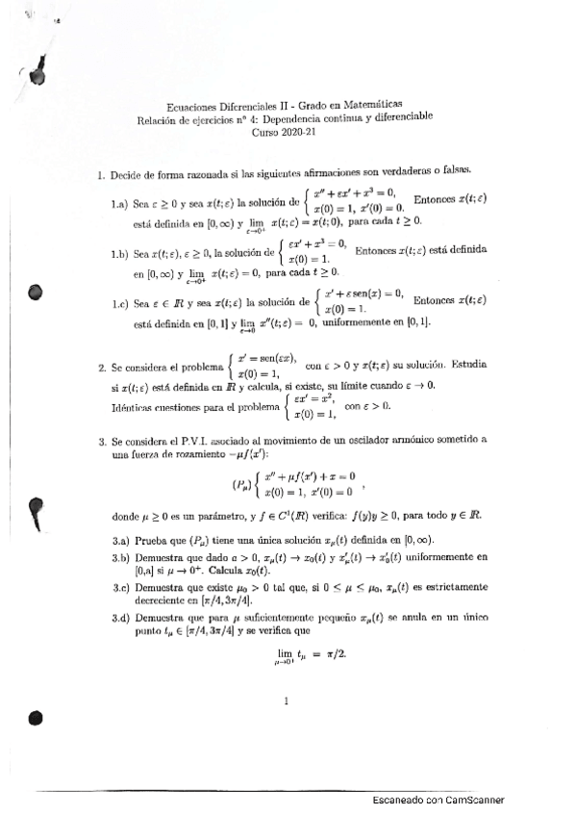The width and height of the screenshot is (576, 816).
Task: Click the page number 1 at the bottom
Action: (x=287, y=701)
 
